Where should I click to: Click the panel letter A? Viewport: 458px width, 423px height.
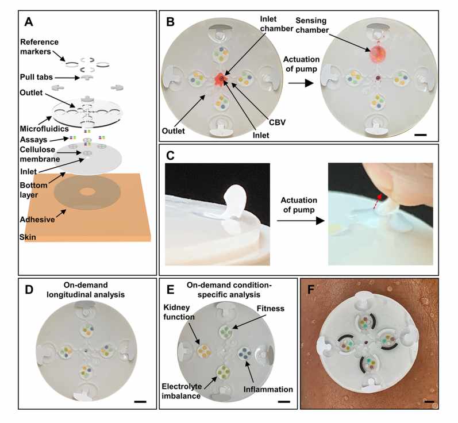[x=29, y=22]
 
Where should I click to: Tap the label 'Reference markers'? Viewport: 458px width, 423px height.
[x=39, y=47]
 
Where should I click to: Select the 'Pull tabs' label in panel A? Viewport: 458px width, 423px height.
[x=36, y=77]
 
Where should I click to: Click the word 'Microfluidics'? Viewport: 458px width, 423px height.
[x=44, y=129]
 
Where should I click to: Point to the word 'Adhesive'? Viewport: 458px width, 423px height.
[x=37, y=220]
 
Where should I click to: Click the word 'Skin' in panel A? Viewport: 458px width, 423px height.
[x=28, y=237]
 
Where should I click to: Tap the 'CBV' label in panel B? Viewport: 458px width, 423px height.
[x=277, y=122]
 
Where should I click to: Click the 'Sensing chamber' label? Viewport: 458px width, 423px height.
[x=312, y=25]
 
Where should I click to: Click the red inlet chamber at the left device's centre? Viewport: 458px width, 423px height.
[x=221, y=79]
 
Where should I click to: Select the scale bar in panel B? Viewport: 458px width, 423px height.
[x=420, y=135]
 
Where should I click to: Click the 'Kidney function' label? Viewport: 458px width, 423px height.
[x=179, y=312]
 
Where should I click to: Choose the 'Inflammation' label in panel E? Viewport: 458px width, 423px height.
[x=268, y=390]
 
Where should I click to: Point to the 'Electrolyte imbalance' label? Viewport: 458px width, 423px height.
[x=182, y=391]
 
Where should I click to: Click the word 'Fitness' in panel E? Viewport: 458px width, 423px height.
[x=271, y=309]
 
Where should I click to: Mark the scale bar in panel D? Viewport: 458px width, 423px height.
[x=140, y=402]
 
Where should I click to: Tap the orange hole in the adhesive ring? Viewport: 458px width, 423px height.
[x=87, y=191]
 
